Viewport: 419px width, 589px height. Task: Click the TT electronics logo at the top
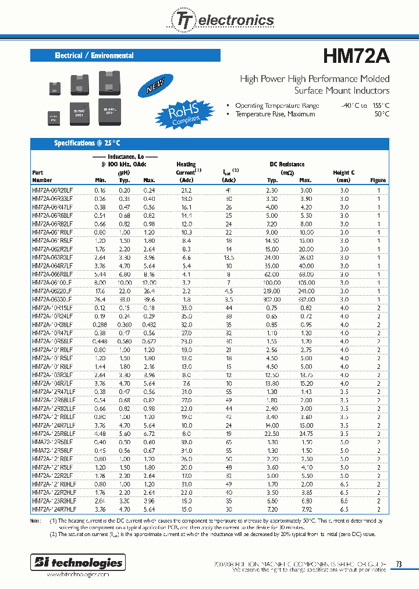click(x=221, y=20)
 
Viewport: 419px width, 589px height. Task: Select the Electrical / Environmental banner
click(x=125, y=56)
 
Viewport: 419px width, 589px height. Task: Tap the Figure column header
click(x=378, y=180)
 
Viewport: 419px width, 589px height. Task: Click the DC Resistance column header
click(x=287, y=165)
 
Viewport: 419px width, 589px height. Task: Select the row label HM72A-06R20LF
click(x=52, y=190)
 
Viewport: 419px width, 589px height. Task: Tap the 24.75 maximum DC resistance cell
click(x=306, y=434)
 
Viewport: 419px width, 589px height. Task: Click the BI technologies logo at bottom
click(x=77, y=562)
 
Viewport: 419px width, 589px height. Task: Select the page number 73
click(x=399, y=563)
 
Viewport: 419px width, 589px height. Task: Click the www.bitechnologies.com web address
click(x=77, y=574)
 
